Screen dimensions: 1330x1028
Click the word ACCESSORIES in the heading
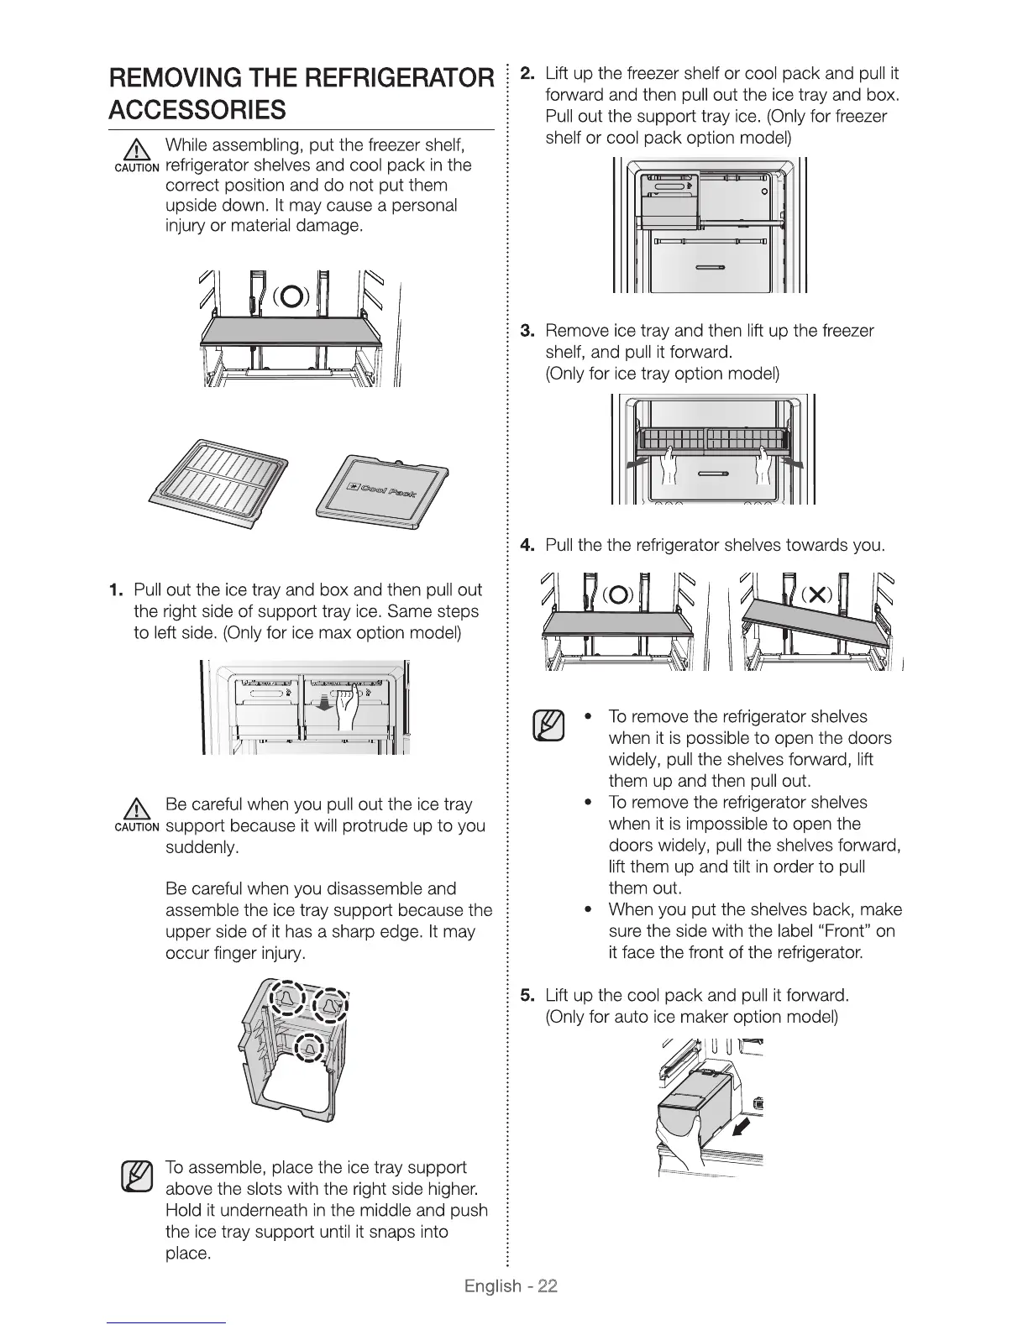197,110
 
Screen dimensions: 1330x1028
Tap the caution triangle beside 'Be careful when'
137,811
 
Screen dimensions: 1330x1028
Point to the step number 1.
116,589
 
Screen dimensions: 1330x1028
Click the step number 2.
527,72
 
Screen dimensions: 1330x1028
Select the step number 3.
527,330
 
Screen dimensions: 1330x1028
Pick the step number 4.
527,546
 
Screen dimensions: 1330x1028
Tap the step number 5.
527,996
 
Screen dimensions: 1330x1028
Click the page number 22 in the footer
548,1286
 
